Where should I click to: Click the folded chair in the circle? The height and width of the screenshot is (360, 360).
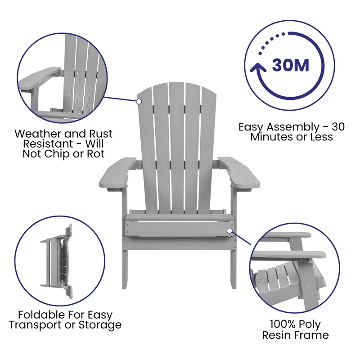[x=56, y=257]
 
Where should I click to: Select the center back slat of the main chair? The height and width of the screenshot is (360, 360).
[x=176, y=144]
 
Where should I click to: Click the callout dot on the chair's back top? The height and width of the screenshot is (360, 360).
[x=139, y=102]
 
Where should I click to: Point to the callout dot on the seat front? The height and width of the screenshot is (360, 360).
[x=229, y=230]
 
